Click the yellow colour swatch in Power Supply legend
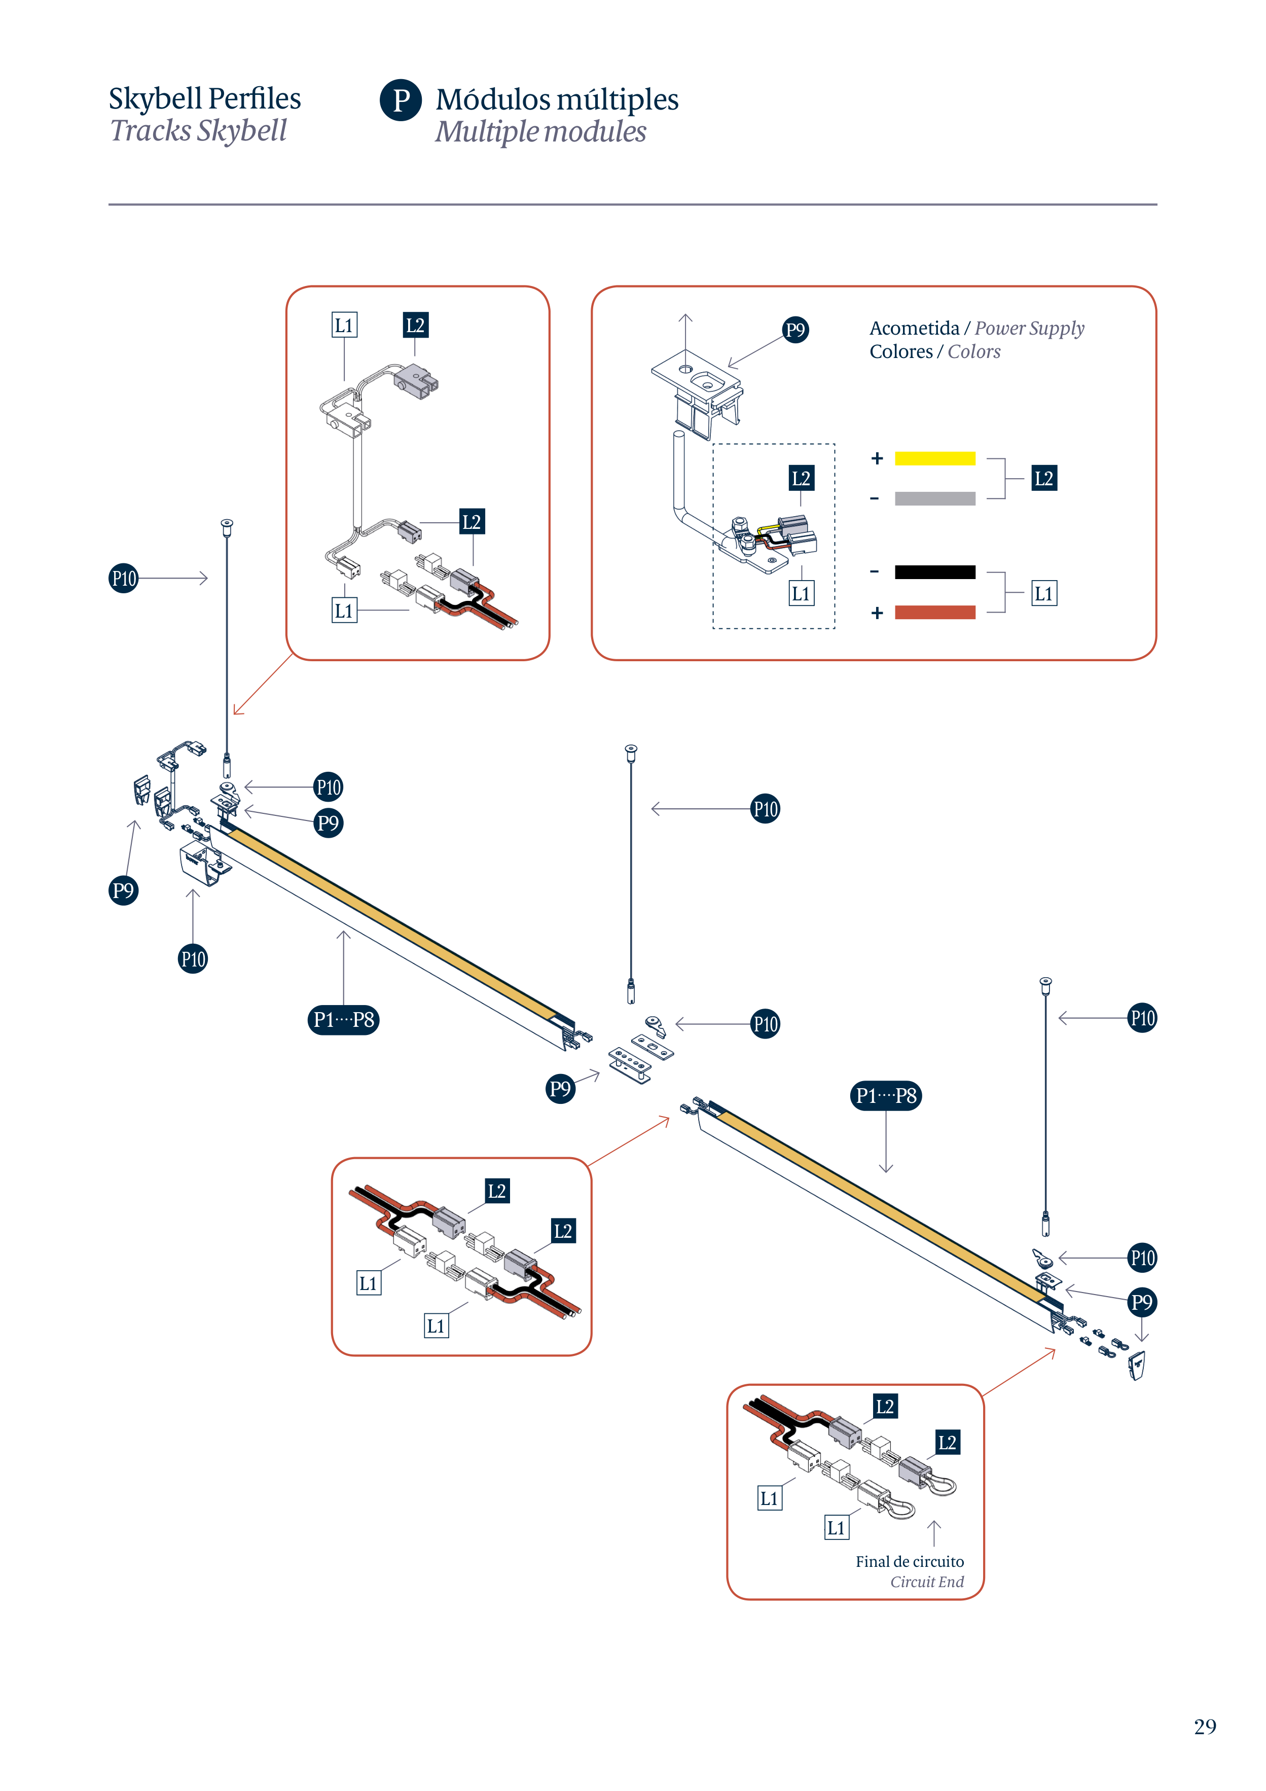[934, 459]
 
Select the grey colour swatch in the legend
[934, 498]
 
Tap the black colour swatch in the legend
[934, 572]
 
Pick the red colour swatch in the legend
[934, 613]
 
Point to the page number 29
[1204, 1726]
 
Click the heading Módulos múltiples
[557, 100]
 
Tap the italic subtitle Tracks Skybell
[198, 131]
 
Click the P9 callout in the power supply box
[795, 330]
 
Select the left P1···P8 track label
[343, 1020]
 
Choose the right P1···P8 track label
[885, 1095]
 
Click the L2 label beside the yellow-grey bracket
[1044, 478]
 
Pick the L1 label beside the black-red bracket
[1044, 594]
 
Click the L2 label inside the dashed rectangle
[801, 478]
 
